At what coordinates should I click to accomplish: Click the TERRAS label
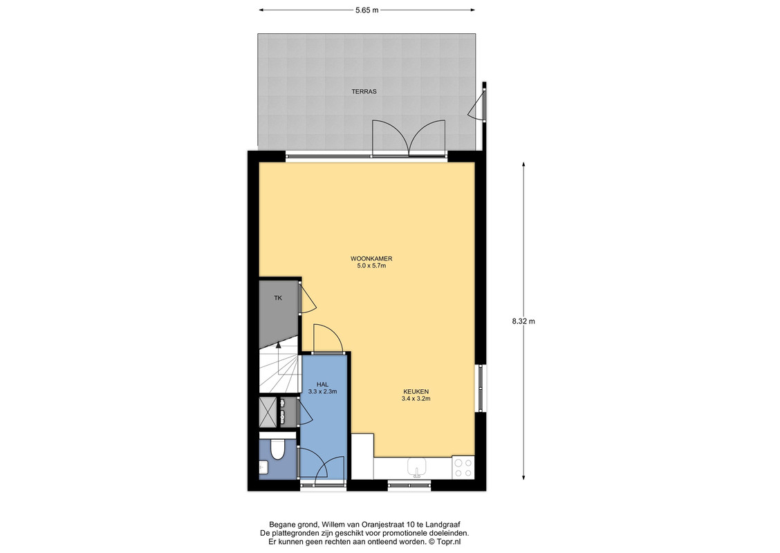(x=364, y=91)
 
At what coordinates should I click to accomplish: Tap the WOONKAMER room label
(x=371, y=259)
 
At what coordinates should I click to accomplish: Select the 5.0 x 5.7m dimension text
(x=371, y=265)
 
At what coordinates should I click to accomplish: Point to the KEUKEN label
(x=416, y=391)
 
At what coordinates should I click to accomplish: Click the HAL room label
(x=322, y=384)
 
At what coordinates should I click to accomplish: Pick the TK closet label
(x=278, y=298)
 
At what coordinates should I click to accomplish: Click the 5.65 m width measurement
(x=367, y=10)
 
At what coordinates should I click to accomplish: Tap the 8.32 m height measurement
(x=524, y=321)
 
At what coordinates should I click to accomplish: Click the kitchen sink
(x=416, y=467)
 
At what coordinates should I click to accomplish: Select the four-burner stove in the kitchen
(x=463, y=467)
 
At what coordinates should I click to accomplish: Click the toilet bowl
(x=277, y=449)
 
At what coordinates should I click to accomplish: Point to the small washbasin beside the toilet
(x=263, y=467)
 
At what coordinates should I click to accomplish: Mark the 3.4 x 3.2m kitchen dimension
(x=416, y=398)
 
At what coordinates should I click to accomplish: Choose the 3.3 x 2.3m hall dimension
(x=322, y=391)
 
